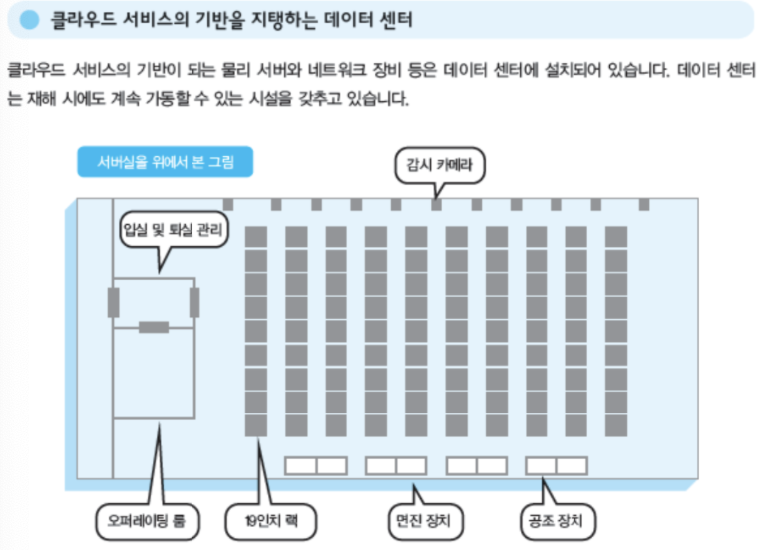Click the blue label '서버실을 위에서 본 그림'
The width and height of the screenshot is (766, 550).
point(165,162)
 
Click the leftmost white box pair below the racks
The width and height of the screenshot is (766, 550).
point(315,465)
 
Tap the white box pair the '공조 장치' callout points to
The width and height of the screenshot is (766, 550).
point(556,465)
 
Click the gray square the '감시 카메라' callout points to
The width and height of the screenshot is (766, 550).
point(436,204)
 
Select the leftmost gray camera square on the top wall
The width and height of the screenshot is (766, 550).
point(228,204)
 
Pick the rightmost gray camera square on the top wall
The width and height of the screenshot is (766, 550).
point(643,204)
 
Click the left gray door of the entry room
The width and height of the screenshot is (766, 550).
point(113,301)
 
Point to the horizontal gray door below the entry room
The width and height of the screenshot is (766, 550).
point(154,327)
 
